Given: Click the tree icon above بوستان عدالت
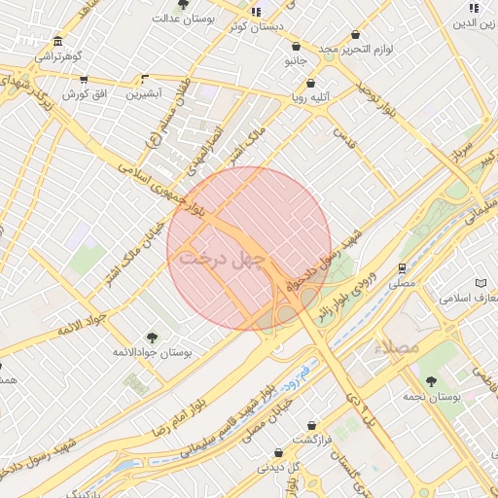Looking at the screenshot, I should coord(182,5).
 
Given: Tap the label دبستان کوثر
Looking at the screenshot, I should coord(256,27).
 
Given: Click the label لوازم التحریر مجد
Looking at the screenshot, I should coord(357,49).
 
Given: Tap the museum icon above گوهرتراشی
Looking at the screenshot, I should coord(58,42).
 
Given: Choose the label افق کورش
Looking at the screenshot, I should coord(83,94).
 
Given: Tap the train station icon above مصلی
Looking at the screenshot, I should coord(401,268).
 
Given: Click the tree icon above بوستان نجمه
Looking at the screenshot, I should coord(431,381).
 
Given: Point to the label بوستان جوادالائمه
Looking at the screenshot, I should coord(152,351).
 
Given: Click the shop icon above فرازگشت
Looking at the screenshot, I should coord(311,425).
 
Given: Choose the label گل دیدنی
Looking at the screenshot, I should coord(278,467).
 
